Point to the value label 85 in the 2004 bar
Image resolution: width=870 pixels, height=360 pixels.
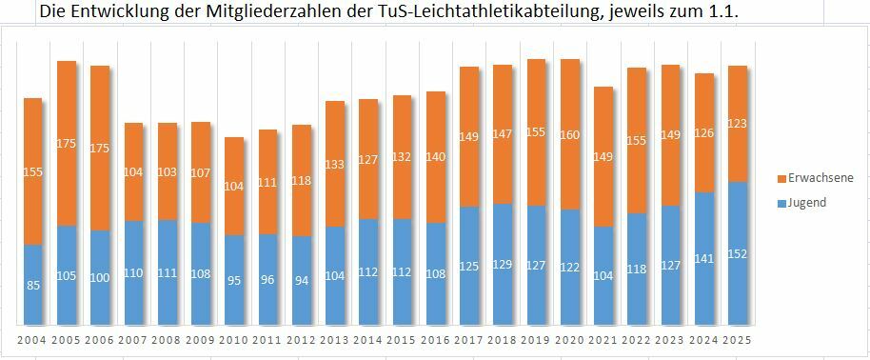point(33,285)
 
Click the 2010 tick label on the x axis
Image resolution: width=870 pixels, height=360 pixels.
point(234,340)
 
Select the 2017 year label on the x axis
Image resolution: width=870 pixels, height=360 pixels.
point(468,340)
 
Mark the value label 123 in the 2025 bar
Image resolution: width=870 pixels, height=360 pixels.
point(737,124)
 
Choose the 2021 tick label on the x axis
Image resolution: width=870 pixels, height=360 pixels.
point(603,340)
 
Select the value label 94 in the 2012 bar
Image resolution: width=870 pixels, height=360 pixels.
point(301,280)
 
